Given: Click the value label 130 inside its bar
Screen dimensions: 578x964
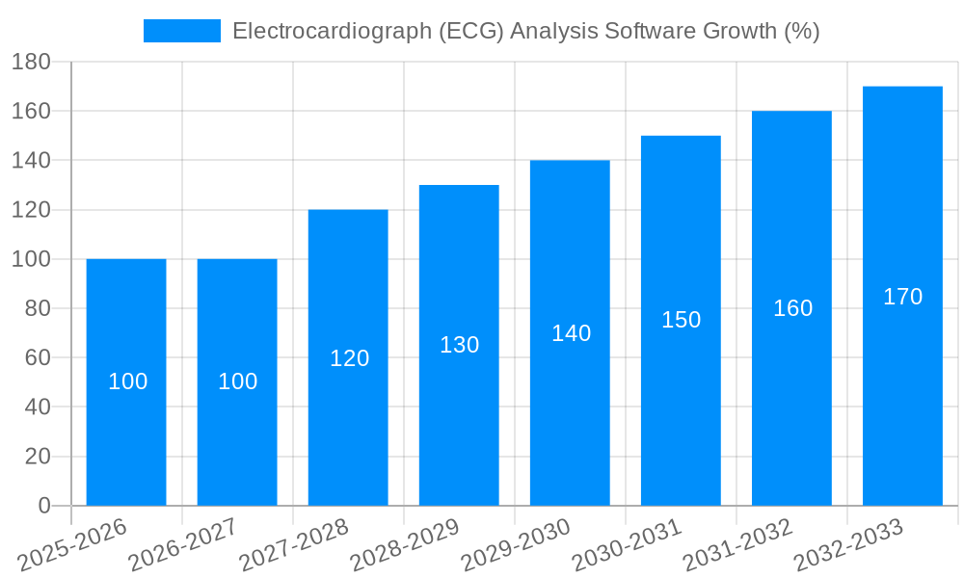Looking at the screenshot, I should pos(459,345).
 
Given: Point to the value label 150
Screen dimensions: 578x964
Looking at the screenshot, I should pos(681,320).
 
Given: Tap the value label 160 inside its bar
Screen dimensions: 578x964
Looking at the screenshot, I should pos(792,308).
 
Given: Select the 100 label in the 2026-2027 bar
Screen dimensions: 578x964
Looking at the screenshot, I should pos(237,381).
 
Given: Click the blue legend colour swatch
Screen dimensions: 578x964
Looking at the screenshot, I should pos(182,31).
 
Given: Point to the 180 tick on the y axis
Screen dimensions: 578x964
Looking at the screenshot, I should pos(31,62).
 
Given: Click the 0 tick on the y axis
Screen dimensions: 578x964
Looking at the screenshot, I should pos(43,506).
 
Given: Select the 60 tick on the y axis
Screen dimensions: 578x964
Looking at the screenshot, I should pos(37,357).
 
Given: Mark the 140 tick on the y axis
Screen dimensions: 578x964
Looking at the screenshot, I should pos(31,160).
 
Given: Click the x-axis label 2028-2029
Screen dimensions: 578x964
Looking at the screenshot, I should pos(405,545).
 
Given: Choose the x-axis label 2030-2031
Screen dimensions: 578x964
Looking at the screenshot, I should pos(627,545).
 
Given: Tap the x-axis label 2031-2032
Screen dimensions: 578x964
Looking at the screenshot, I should pos(737,545).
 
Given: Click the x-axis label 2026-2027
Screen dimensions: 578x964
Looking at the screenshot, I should pos(183,545).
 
